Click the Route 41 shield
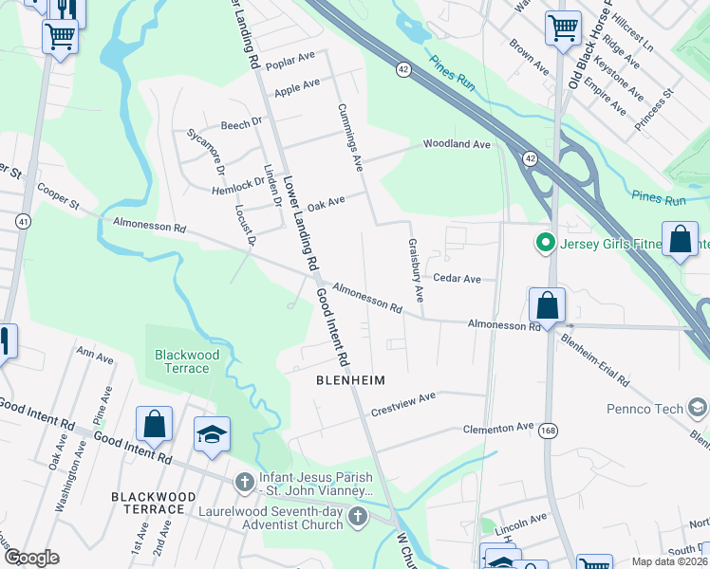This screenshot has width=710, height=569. click(x=21, y=221)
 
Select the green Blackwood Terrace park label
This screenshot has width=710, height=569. click(x=187, y=361)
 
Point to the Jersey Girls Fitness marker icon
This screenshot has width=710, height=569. click(x=545, y=244)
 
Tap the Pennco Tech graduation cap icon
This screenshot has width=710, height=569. click(x=698, y=409)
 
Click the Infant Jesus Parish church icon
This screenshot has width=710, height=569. click(x=245, y=482)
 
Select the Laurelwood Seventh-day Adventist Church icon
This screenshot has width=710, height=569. click(x=358, y=517)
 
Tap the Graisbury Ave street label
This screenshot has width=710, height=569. click(x=415, y=268)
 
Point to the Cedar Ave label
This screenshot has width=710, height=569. click(x=458, y=279)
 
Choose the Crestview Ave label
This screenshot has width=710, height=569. click(x=402, y=403)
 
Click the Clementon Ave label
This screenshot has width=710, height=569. click(x=498, y=428)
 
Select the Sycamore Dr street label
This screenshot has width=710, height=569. click(x=206, y=152)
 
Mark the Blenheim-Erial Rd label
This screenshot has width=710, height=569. click(x=594, y=358)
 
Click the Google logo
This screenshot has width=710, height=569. click(x=31, y=558)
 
